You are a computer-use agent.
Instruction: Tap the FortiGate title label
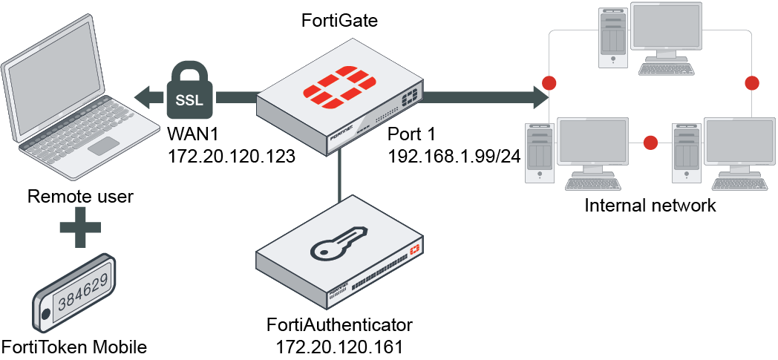(339, 21)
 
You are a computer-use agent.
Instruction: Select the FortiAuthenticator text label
(339, 325)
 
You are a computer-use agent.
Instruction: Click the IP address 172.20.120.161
(339, 346)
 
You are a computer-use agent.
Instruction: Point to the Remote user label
(80, 197)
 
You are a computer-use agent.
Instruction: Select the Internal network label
(650, 205)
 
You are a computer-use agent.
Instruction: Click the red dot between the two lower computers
(651, 142)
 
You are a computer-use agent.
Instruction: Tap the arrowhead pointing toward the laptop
(143, 95)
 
